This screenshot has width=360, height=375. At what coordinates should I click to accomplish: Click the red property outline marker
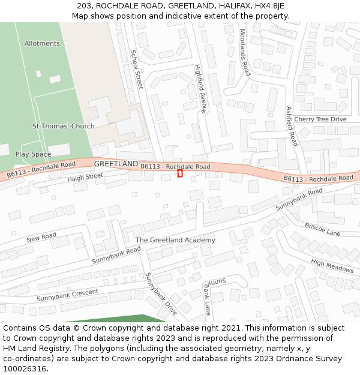pyautogui.click(x=180, y=173)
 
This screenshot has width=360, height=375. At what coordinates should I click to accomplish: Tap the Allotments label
pyautogui.click(x=42, y=43)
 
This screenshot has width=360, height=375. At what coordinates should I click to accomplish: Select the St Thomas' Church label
pyautogui.click(x=63, y=126)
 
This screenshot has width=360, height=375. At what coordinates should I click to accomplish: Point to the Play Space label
pyautogui.click(x=33, y=154)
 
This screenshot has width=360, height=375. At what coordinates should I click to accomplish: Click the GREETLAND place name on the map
pyautogui.click(x=116, y=164)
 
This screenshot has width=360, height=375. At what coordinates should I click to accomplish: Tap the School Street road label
pyautogui.click(x=136, y=69)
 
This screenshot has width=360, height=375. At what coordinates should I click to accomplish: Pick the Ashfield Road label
pyautogui.click(x=292, y=126)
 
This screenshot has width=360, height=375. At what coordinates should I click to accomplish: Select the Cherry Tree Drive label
pyautogui.click(x=320, y=119)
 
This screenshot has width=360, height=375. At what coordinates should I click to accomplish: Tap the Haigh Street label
pyautogui.click(x=85, y=177)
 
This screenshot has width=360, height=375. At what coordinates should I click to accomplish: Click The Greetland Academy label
pyautogui.click(x=175, y=240)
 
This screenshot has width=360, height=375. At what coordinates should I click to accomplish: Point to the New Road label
pyautogui.click(x=41, y=238)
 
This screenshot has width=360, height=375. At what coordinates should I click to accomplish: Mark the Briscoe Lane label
pyautogui.click(x=322, y=229)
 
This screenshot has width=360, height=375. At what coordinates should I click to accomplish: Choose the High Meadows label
pyautogui.click(x=332, y=266)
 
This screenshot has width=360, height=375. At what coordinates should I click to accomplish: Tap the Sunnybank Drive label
pyautogui.click(x=161, y=294)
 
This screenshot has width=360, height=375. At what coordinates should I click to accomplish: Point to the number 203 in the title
pyautogui.click(x=84, y=5)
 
